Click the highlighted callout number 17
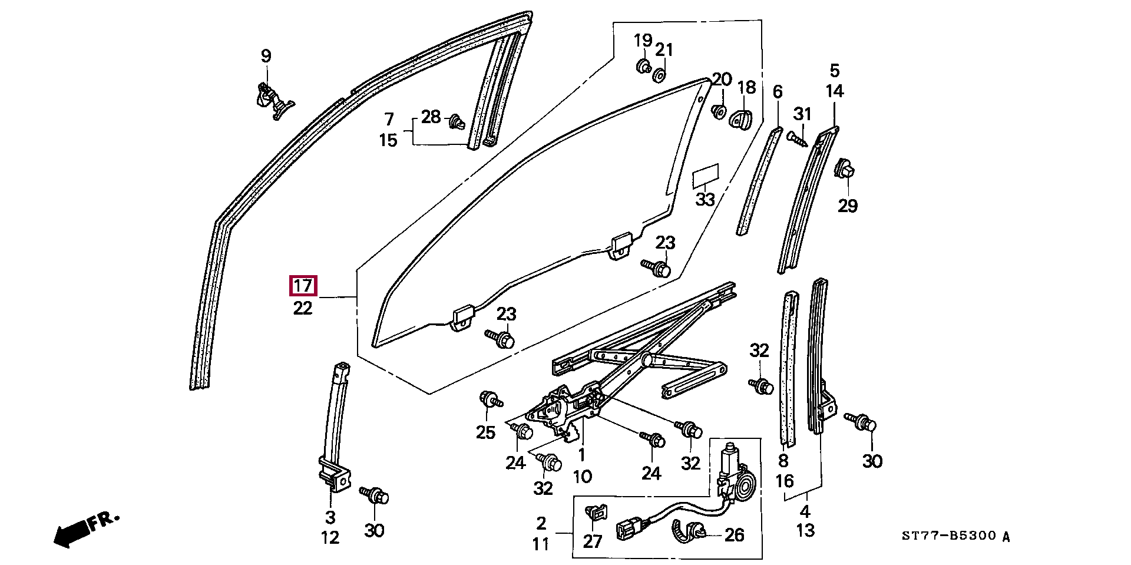tap(303, 286)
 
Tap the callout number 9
tap(266, 56)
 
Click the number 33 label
tap(705, 199)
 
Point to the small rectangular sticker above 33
tap(706, 174)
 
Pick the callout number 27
tap(593, 541)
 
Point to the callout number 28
tap(431, 117)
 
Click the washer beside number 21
tap(659, 75)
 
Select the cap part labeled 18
tap(742, 118)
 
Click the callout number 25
tap(485, 432)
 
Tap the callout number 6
tap(778, 92)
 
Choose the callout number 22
tap(303, 308)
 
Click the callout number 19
tap(643, 41)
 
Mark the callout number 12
tap(330, 537)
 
